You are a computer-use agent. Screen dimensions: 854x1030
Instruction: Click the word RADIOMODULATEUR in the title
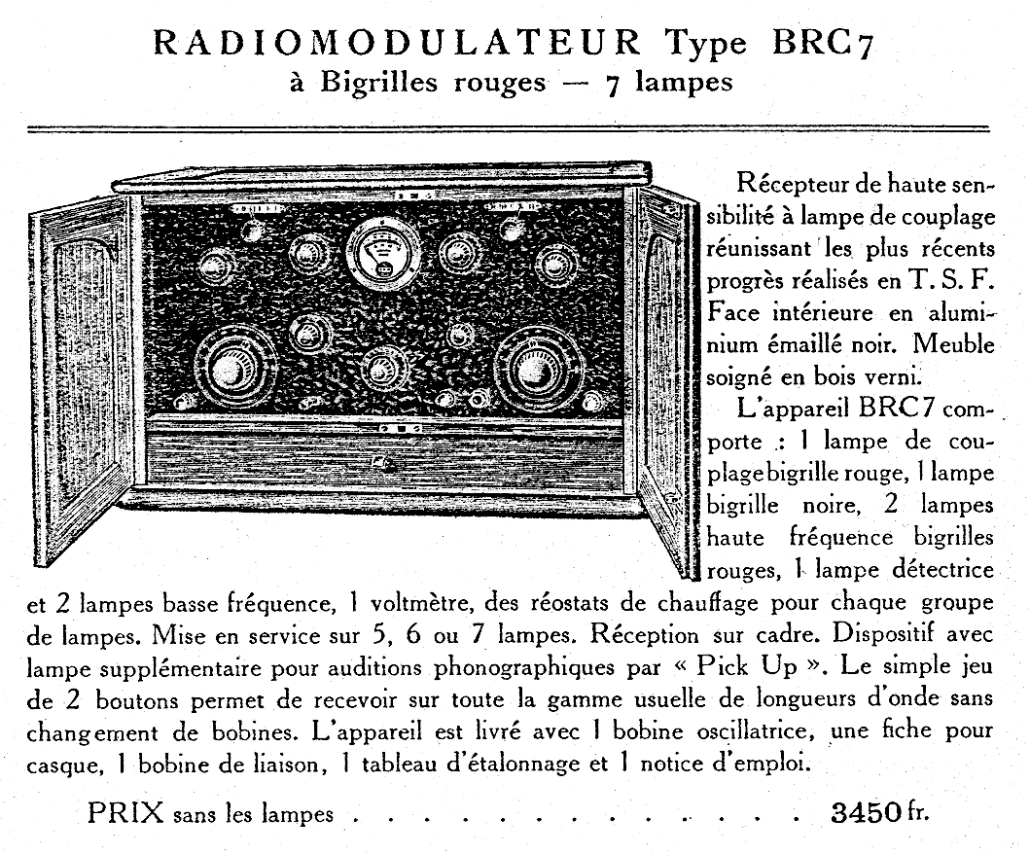point(398,43)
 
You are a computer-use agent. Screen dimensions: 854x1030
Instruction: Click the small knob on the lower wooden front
point(385,464)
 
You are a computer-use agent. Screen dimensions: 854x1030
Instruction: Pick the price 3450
point(867,811)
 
